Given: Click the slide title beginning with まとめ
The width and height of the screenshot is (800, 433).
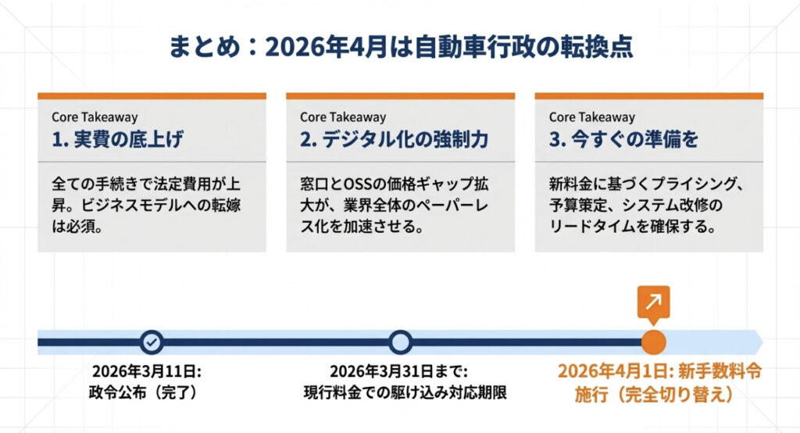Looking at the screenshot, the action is click(x=401, y=47).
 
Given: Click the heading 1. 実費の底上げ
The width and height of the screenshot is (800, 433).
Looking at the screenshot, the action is click(x=117, y=139).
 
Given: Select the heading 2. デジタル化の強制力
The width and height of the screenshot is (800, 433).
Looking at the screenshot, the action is click(x=394, y=139).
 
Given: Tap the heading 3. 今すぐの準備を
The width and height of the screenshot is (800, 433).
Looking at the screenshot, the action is click(x=623, y=139).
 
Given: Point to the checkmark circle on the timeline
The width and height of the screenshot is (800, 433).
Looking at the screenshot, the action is click(x=152, y=342).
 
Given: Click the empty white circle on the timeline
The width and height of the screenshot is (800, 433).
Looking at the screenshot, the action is click(x=401, y=342).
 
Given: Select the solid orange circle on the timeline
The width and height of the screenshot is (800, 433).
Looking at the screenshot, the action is click(x=653, y=342).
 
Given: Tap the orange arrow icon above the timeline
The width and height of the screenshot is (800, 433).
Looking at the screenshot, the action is click(x=653, y=302).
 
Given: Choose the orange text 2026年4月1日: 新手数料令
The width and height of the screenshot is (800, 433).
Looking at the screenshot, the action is click(x=659, y=371).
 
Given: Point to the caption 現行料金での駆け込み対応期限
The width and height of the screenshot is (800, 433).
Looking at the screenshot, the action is click(x=405, y=392).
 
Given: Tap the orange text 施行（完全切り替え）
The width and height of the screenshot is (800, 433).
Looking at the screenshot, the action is click(x=655, y=394).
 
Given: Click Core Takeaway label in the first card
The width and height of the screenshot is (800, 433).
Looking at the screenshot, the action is click(x=95, y=117).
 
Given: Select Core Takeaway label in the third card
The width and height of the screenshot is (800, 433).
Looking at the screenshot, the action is click(x=592, y=117).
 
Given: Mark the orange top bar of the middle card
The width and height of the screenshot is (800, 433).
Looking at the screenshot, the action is click(x=401, y=96).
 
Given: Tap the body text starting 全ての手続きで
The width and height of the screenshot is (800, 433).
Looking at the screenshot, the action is click(x=146, y=205).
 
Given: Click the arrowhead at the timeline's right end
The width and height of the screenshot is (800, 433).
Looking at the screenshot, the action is click(x=758, y=342).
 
